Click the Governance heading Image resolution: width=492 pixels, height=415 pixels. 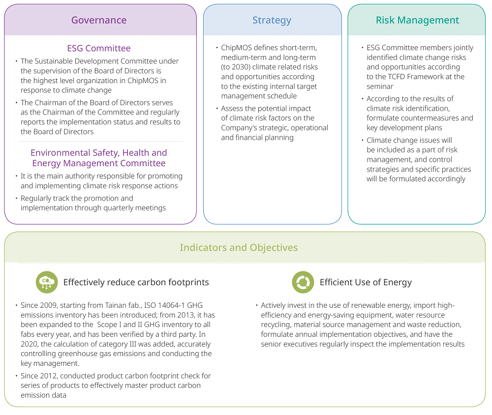[99, 20]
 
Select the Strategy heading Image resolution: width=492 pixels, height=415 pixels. [272, 20]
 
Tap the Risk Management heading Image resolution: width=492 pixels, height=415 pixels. [417, 20]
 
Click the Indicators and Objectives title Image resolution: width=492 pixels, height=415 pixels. [239, 248]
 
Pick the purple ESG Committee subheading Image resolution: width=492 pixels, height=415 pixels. [99, 48]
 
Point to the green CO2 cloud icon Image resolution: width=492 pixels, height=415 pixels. [47, 282]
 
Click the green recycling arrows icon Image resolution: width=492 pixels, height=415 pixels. [303, 282]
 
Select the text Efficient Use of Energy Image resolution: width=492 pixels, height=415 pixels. [366, 282]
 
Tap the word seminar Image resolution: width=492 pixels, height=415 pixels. [380, 87]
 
